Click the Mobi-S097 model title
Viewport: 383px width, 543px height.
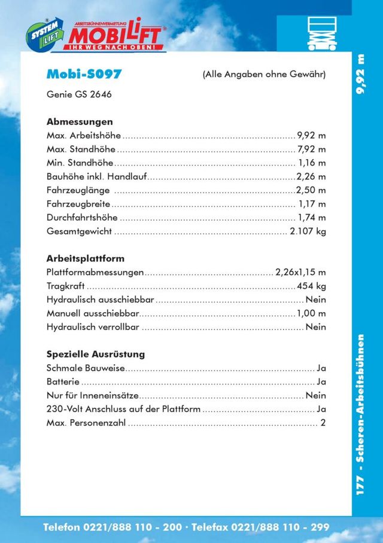(x=84, y=74)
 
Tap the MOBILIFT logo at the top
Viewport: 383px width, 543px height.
(x=117, y=35)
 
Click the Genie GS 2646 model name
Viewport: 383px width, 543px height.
(x=79, y=94)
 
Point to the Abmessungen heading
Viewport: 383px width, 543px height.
(x=80, y=121)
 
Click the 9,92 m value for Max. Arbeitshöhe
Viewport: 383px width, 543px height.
(x=311, y=135)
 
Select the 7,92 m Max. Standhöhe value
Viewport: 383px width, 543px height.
(x=311, y=149)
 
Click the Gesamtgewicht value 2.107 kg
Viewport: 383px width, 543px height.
(x=308, y=231)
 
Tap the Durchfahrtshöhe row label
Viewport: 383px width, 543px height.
(x=82, y=218)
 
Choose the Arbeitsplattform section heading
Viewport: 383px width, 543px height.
(x=86, y=259)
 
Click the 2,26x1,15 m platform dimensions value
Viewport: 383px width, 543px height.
(x=300, y=273)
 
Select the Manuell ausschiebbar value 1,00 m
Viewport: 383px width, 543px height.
(x=311, y=313)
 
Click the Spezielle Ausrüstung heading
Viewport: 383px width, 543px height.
(x=96, y=354)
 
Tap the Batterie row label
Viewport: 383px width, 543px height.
(x=63, y=382)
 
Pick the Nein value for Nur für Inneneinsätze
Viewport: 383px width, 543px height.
(x=315, y=395)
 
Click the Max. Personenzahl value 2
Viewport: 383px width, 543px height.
(x=323, y=423)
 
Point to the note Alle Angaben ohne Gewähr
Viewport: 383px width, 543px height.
(x=264, y=75)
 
